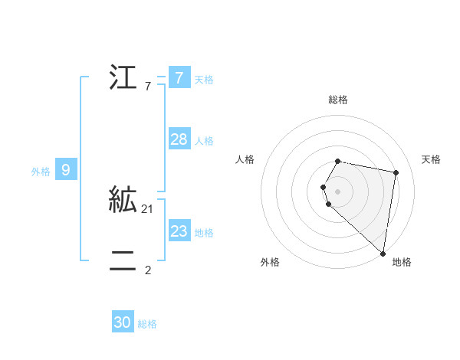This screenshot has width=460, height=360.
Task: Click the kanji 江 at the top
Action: [123, 78]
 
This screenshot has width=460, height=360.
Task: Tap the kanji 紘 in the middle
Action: [123, 200]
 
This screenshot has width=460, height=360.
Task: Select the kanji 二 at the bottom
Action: [123, 261]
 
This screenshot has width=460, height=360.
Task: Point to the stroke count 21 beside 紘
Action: [148, 209]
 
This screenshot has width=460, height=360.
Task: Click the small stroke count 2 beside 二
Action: [148, 270]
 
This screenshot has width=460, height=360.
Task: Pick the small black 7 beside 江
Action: [148, 87]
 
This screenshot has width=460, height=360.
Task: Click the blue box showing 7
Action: [179, 77]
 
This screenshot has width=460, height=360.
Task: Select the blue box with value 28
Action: [179, 139]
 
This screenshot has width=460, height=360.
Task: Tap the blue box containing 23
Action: [179, 231]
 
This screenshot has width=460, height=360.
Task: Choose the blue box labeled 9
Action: [66, 170]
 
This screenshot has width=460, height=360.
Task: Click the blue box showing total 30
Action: [123, 322]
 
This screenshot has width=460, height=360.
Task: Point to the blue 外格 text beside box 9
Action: [41, 172]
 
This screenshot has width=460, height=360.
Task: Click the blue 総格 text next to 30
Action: [147, 324]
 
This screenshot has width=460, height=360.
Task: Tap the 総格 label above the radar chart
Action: [338, 100]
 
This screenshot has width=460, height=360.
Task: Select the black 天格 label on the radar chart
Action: [432, 159]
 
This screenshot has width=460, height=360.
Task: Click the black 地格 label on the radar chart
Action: [402, 262]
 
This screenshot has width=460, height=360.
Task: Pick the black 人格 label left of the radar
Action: [245, 159]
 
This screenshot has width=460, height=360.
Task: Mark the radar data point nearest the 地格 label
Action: [383, 253]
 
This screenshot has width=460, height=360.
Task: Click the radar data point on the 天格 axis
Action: [396, 172]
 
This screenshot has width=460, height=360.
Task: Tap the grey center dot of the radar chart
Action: [338, 191]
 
